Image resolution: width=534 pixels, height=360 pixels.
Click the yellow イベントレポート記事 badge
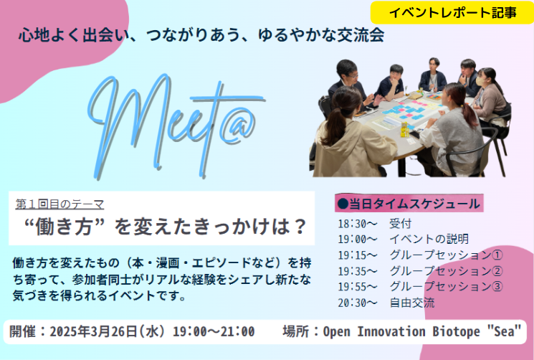click(x=452, y=13)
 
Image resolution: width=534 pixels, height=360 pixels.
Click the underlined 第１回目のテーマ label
click(x=59, y=204)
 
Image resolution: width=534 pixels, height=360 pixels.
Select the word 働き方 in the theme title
click(x=64, y=227)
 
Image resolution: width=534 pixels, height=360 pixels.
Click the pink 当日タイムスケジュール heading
click(x=409, y=204)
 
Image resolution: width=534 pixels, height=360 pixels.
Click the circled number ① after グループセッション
click(x=497, y=255)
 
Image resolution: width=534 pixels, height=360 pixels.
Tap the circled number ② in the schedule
click(x=497, y=271)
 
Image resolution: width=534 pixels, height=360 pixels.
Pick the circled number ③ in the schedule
click(x=497, y=286)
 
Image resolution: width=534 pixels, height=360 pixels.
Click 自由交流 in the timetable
click(x=412, y=303)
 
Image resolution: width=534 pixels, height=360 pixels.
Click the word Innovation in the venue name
click(x=391, y=331)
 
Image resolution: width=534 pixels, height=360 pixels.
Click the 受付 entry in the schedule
click(x=401, y=224)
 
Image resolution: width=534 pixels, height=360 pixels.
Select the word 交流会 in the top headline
click(x=361, y=35)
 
